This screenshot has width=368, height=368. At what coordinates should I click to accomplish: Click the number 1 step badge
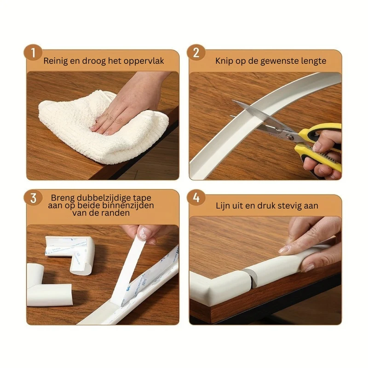33,52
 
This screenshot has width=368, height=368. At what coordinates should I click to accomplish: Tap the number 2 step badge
196,52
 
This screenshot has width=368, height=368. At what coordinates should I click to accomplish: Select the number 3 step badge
33,198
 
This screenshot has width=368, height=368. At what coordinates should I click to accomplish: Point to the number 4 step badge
196,198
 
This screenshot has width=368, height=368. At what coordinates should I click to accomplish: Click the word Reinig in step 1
55,61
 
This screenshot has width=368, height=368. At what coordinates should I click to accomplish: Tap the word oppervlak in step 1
144,62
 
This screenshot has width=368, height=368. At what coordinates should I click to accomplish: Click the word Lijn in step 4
222,206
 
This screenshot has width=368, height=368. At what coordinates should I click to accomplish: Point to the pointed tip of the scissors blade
232,101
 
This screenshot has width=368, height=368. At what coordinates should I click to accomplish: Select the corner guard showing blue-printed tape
70,255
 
